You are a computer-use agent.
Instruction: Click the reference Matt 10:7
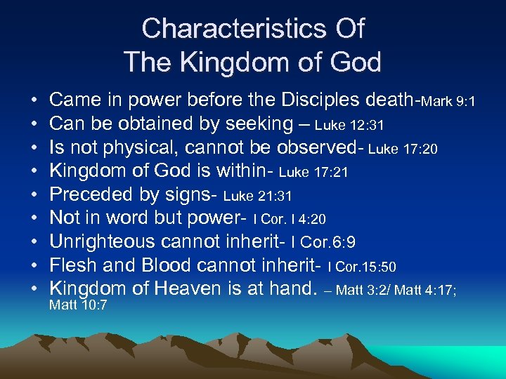coord(78,306)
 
